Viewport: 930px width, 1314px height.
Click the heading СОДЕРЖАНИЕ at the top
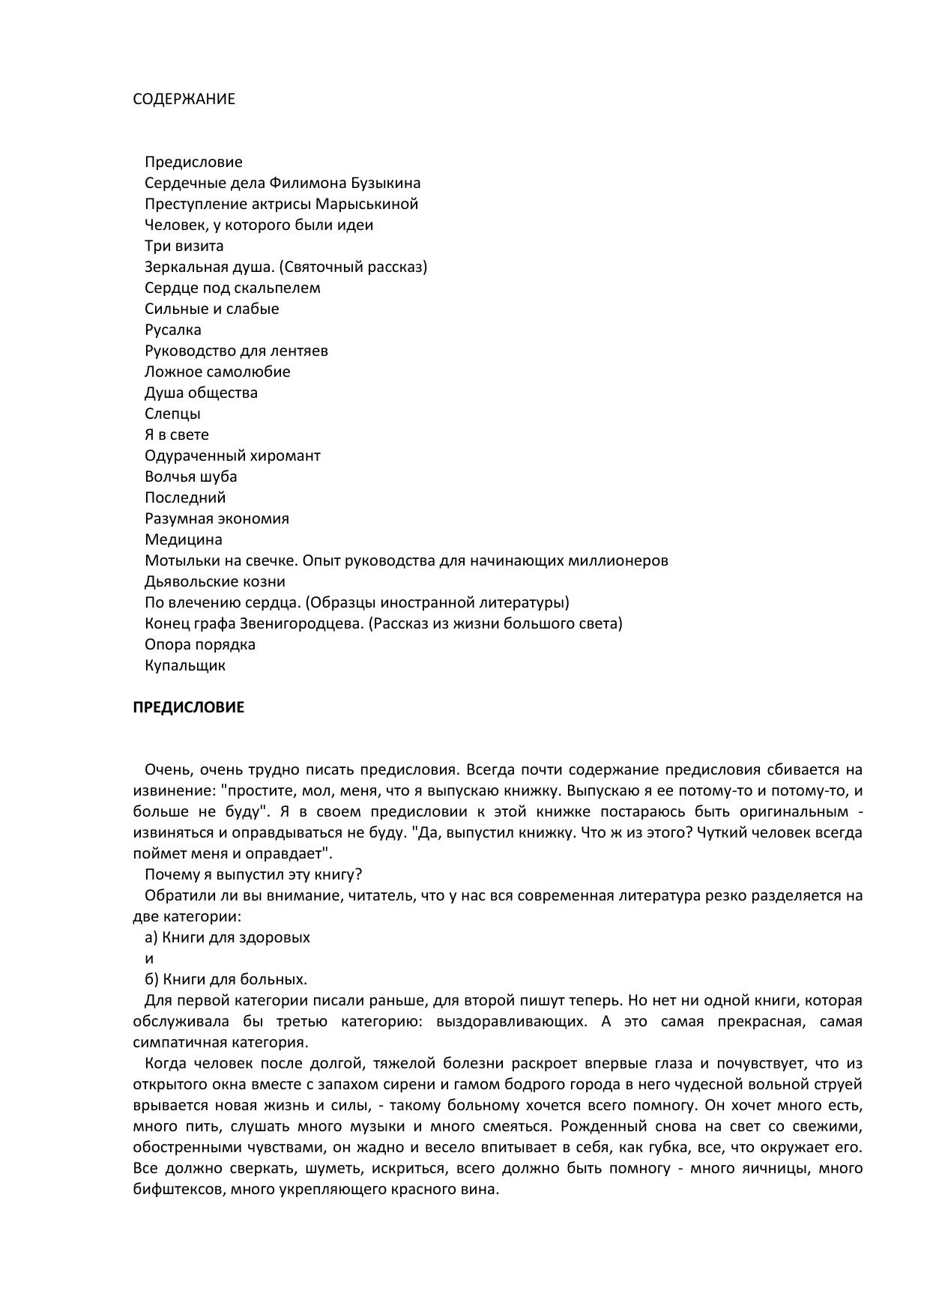pos(184,99)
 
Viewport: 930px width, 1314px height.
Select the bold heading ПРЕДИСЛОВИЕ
pos(188,707)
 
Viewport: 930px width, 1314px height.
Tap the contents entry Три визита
pos(184,246)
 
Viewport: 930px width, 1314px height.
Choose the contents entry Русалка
pos(172,330)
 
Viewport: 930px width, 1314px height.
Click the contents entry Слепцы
pos(172,414)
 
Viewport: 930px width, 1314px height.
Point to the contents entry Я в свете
pos(177,435)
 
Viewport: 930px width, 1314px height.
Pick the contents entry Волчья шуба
pos(190,476)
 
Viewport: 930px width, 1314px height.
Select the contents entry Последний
pos(184,497)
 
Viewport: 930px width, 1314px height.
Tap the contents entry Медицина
pos(183,539)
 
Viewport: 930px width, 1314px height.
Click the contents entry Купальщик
pos(184,665)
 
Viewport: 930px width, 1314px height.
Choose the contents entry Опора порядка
pos(199,644)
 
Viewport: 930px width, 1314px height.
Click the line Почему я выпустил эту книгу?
pos(253,874)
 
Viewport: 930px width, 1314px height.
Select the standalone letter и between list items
pos(149,958)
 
